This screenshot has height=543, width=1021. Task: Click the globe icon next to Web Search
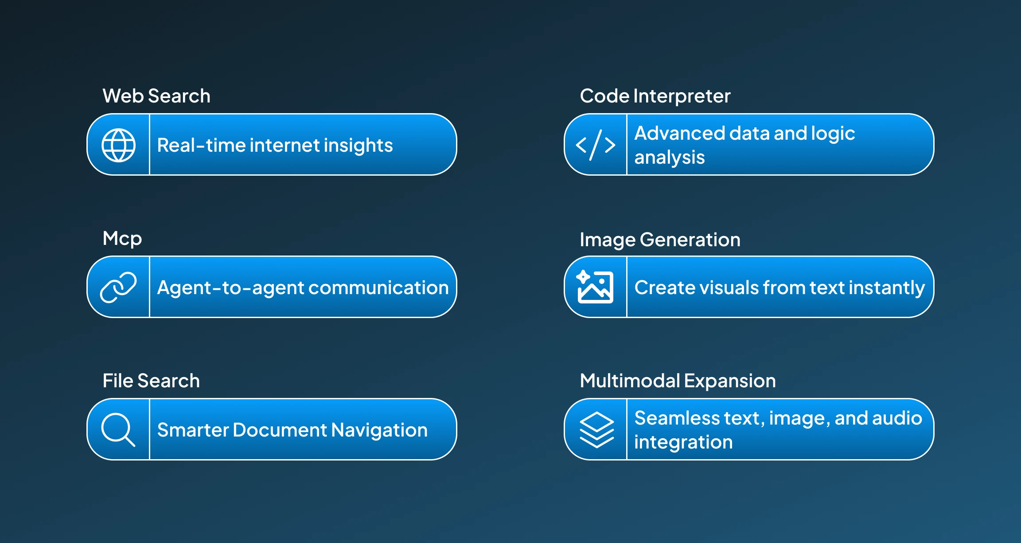118,145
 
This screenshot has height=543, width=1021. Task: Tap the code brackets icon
595,145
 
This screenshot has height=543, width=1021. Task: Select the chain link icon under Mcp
118,287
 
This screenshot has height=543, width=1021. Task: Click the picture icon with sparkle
595,287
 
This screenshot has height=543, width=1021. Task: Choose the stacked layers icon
596,429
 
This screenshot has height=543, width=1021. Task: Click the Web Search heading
156,96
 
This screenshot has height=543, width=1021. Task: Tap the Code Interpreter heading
655,96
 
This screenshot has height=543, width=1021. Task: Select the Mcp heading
122,239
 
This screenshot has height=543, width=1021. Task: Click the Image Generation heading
660,240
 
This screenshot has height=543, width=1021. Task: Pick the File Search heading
151,381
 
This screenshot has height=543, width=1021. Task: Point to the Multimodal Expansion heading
678,381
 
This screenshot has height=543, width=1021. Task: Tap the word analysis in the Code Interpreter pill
669,157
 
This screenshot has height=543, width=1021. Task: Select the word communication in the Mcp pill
378,288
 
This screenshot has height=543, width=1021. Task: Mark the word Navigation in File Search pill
379,430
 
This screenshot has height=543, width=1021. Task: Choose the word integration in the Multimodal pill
683,442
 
